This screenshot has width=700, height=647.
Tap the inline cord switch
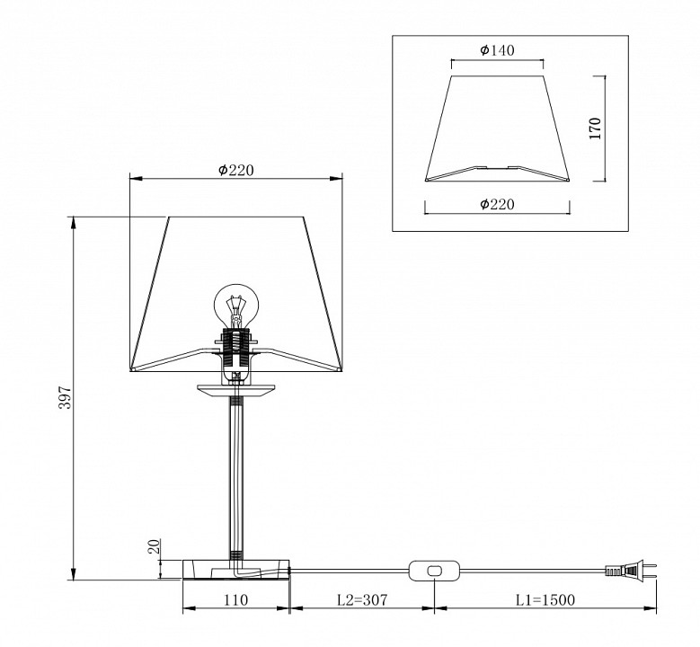434,571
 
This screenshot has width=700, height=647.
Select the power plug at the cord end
630,571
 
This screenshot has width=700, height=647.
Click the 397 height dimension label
66,397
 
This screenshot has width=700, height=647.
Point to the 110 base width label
235,599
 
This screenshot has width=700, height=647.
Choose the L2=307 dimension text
362,599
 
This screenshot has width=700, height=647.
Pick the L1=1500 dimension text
545,599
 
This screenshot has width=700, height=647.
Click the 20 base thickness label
154,546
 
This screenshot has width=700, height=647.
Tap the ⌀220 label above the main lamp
235,170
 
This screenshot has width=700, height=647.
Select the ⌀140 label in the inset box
497,49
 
